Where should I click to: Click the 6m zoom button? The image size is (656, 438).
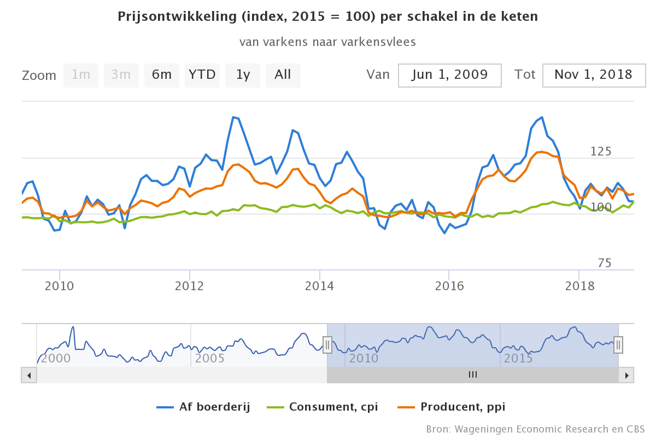(x=162, y=75)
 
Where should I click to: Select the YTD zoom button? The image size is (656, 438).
(x=202, y=75)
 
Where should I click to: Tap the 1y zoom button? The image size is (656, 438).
(x=243, y=75)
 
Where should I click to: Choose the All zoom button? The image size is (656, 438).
(x=283, y=75)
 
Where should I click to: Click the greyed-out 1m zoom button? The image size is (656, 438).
(x=81, y=75)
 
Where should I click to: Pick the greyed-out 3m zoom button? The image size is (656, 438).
(x=121, y=75)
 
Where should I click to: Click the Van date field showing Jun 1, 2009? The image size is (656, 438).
(x=450, y=75)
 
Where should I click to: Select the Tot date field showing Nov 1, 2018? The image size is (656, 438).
(x=593, y=75)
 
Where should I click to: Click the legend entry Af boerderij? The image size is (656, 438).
(x=203, y=407)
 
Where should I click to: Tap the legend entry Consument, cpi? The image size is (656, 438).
(x=323, y=407)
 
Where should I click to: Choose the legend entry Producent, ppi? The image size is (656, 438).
(x=451, y=407)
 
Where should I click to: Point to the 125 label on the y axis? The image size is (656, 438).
(x=601, y=152)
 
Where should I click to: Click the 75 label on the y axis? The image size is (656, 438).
(x=604, y=263)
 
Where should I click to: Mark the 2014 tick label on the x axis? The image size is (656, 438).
(x=319, y=286)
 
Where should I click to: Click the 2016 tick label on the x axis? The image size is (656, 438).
(x=449, y=286)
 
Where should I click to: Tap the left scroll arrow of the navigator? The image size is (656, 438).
(x=29, y=375)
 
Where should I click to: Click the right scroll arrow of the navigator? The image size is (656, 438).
(x=626, y=375)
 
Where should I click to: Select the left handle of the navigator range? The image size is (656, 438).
(x=327, y=345)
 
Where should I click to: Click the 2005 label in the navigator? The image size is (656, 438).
(x=210, y=359)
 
